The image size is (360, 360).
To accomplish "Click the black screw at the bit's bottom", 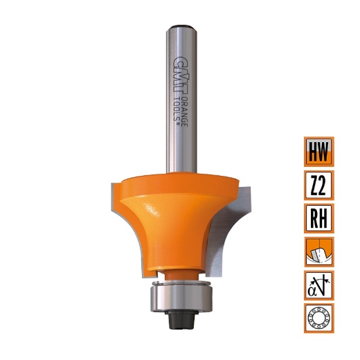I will coord(181,322).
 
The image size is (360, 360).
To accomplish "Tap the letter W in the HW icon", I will coord(324,151).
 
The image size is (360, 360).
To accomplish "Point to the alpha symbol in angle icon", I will coord(314,287).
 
